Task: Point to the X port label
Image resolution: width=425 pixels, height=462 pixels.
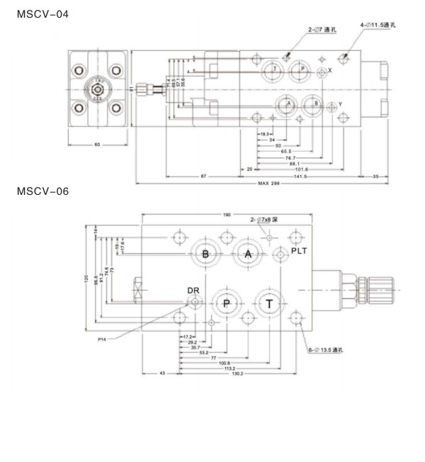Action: (329, 71)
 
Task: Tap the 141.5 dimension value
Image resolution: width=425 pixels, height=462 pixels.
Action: (300, 176)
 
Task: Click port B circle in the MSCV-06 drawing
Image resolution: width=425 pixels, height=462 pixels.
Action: (205, 254)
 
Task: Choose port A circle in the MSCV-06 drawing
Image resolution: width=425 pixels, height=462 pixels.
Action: (247, 254)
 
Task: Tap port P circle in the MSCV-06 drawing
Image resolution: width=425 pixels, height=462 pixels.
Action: (227, 304)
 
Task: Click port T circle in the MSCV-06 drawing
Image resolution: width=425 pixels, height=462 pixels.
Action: (269, 304)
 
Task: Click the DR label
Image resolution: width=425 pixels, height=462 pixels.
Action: (193, 291)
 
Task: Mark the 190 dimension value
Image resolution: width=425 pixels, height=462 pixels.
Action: (227, 213)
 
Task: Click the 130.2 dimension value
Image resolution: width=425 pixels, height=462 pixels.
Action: (228, 373)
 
